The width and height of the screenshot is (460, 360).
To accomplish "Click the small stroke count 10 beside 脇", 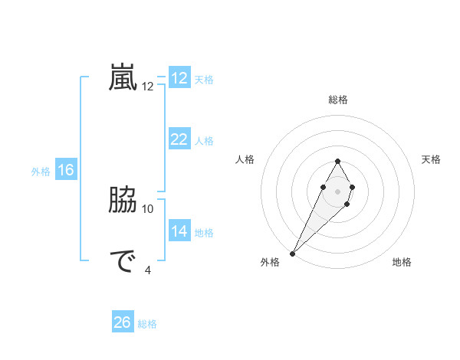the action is [x=148, y=208].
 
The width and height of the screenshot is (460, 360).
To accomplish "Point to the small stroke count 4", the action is [x=148, y=269].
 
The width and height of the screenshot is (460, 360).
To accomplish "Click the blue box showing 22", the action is [x=179, y=139].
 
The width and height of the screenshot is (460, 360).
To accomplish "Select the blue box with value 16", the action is [x=65, y=170].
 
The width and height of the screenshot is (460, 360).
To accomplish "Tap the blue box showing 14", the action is [x=179, y=231].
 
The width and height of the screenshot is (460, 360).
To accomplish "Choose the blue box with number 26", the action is [x=122, y=322].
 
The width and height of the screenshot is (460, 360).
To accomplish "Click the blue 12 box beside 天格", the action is [x=179, y=78].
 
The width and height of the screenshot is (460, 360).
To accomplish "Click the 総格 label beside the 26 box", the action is [x=147, y=324].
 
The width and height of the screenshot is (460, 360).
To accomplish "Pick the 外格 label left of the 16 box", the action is [x=41, y=172].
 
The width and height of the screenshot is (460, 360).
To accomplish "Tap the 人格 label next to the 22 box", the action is [x=204, y=141].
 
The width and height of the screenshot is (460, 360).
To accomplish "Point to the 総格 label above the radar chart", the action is [x=337, y=100].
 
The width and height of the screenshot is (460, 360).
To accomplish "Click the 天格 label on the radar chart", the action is [x=431, y=159].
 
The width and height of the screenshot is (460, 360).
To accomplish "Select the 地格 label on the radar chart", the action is [x=402, y=262].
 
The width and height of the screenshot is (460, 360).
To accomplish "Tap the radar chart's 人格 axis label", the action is [x=245, y=159].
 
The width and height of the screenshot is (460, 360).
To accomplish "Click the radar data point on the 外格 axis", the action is [x=293, y=253].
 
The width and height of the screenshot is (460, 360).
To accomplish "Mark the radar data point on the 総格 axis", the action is [x=337, y=161].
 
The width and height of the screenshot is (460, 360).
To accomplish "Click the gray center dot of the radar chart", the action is [x=337, y=191].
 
